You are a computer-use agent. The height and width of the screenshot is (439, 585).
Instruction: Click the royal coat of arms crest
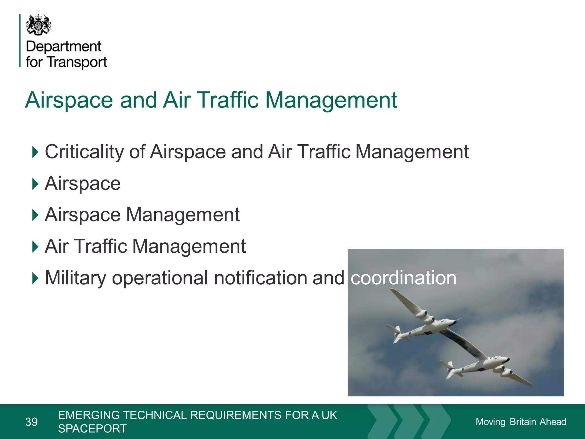coord(39,25)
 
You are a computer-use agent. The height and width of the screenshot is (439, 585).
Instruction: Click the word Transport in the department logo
coord(77,62)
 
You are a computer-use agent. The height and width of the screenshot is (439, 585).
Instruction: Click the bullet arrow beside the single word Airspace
coord(35,183)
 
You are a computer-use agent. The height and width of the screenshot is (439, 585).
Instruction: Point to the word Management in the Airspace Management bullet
coord(183,215)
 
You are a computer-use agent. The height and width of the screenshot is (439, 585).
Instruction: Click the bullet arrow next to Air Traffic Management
coord(35,246)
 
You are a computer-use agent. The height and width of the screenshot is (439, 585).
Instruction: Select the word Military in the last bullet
coord(75,278)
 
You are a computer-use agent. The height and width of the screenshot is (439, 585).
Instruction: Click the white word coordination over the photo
coord(403,278)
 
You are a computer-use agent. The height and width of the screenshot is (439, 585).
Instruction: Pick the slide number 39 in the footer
coord(31,422)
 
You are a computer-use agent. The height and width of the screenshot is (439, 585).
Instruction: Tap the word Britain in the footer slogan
coord(523,422)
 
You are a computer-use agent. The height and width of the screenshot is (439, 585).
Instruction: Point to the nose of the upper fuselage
coord(454,322)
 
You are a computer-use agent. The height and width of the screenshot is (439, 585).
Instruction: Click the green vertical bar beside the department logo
coord(20,40)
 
